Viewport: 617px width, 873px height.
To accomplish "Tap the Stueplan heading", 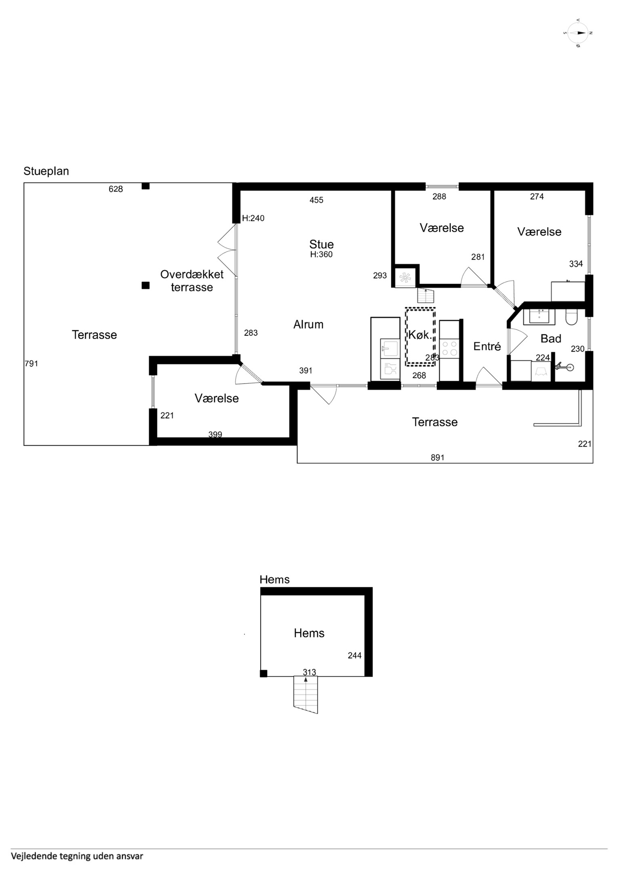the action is pyautogui.click(x=46, y=171).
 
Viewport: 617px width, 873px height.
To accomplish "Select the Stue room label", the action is pyautogui.click(x=321, y=244).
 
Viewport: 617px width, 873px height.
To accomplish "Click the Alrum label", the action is pyautogui.click(x=308, y=325).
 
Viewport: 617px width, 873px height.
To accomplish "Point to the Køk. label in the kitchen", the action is pyautogui.click(x=420, y=335).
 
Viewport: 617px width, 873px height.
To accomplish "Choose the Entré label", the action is pyautogui.click(x=487, y=346).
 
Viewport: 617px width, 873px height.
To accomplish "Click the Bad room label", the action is pyautogui.click(x=551, y=338).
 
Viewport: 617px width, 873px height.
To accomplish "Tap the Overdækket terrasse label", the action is pyautogui.click(x=192, y=281).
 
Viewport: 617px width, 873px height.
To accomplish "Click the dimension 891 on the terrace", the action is pyautogui.click(x=437, y=458).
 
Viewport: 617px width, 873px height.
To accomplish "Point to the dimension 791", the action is pyautogui.click(x=32, y=363).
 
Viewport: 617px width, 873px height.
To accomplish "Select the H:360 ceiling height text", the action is pyautogui.click(x=321, y=255).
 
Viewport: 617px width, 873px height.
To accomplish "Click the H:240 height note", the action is pyautogui.click(x=253, y=218).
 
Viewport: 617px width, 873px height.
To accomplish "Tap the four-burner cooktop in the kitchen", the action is pyautogui.click(x=449, y=348).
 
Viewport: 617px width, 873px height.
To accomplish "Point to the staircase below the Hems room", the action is pyautogui.click(x=306, y=695).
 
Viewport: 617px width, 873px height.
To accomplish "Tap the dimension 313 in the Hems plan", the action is pyautogui.click(x=310, y=672).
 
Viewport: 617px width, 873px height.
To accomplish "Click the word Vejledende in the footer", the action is pyautogui.click(x=32, y=856).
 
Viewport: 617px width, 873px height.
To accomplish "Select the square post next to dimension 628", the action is pyautogui.click(x=145, y=186).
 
